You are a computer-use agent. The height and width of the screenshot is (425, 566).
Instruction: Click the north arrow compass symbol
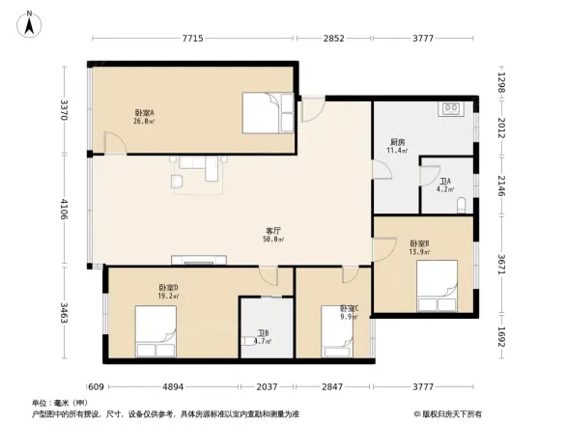[x=31, y=23]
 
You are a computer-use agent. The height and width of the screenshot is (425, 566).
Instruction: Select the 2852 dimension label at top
[x=332, y=39]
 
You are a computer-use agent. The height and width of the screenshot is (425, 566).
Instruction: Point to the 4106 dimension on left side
[x=64, y=209]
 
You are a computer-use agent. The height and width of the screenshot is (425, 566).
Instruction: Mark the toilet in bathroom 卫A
[x=463, y=204]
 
